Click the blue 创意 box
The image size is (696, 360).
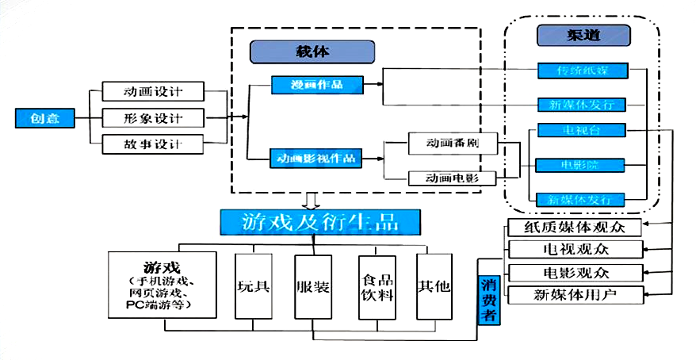(x=44, y=119)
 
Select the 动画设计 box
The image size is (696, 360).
(x=154, y=91)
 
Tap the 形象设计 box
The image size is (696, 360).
(x=154, y=118)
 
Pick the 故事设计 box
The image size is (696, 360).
(x=154, y=145)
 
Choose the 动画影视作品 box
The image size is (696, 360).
(x=315, y=159)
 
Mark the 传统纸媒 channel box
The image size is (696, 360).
(x=582, y=71)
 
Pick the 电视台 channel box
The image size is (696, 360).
(x=582, y=129)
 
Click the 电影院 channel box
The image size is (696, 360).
(x=582, y=165)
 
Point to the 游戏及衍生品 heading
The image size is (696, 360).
(x=320, y=222)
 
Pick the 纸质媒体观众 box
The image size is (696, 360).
(x=572, y=227)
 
